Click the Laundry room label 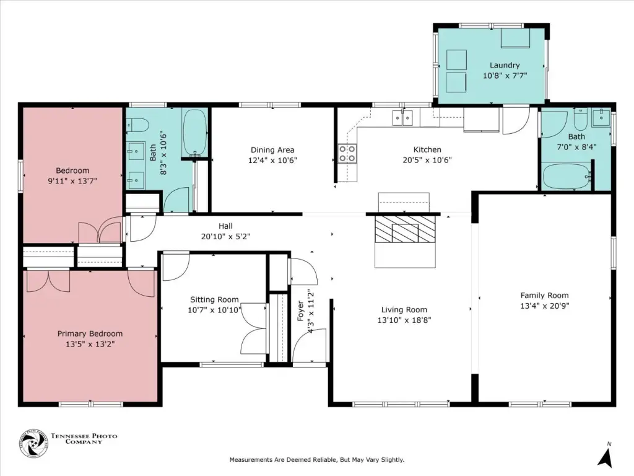click(505, 65)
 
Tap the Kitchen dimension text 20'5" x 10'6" click(427, 160)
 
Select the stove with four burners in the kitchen click(348, 154)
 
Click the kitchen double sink click(402, 118)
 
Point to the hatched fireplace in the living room click(405, 229)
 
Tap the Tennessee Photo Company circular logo click(34, 443)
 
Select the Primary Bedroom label click(90, 334)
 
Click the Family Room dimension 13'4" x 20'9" click(545, 306)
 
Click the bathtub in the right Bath click(567, 176)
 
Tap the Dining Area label click(272, 150)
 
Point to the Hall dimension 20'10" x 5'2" click(225, 236)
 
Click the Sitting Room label click(214, 299)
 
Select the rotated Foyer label click(300, 311)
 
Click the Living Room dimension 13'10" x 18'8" click(404, 320)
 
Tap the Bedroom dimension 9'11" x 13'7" click(72, 181)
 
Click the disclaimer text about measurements click(317, 460)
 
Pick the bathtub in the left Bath click(195, 133)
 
